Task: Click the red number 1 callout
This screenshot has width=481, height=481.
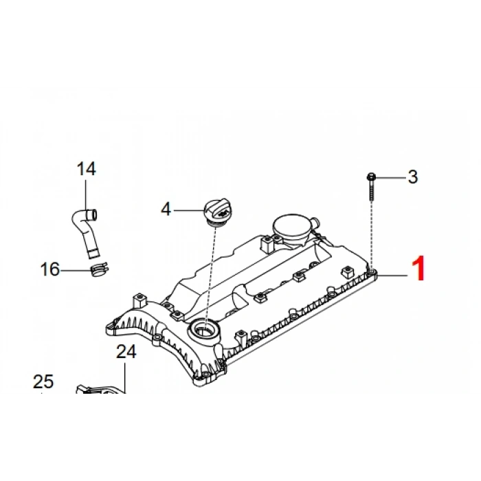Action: tap(418, 269)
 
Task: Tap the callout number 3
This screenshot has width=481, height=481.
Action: tap(413, 177)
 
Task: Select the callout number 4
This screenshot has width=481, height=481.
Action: tap(166, 209)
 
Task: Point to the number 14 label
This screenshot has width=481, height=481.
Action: tap(86, 169)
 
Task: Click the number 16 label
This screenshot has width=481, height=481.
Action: tap(50, 269)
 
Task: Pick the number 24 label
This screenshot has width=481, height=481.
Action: tap(126, 352)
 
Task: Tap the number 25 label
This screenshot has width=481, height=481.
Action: tap(43, 381)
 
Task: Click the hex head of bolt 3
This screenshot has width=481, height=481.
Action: tap(371, 177)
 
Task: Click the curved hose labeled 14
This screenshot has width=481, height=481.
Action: tap(85, 232)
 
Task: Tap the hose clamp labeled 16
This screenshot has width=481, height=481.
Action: tap(100, 269)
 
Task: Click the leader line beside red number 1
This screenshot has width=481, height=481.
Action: tap(392, 276)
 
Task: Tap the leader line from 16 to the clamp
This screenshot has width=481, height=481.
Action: tap(76, 270)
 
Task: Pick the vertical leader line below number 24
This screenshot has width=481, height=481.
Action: tap(125, 378)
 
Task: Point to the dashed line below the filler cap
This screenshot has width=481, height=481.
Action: tap(210, 277)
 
